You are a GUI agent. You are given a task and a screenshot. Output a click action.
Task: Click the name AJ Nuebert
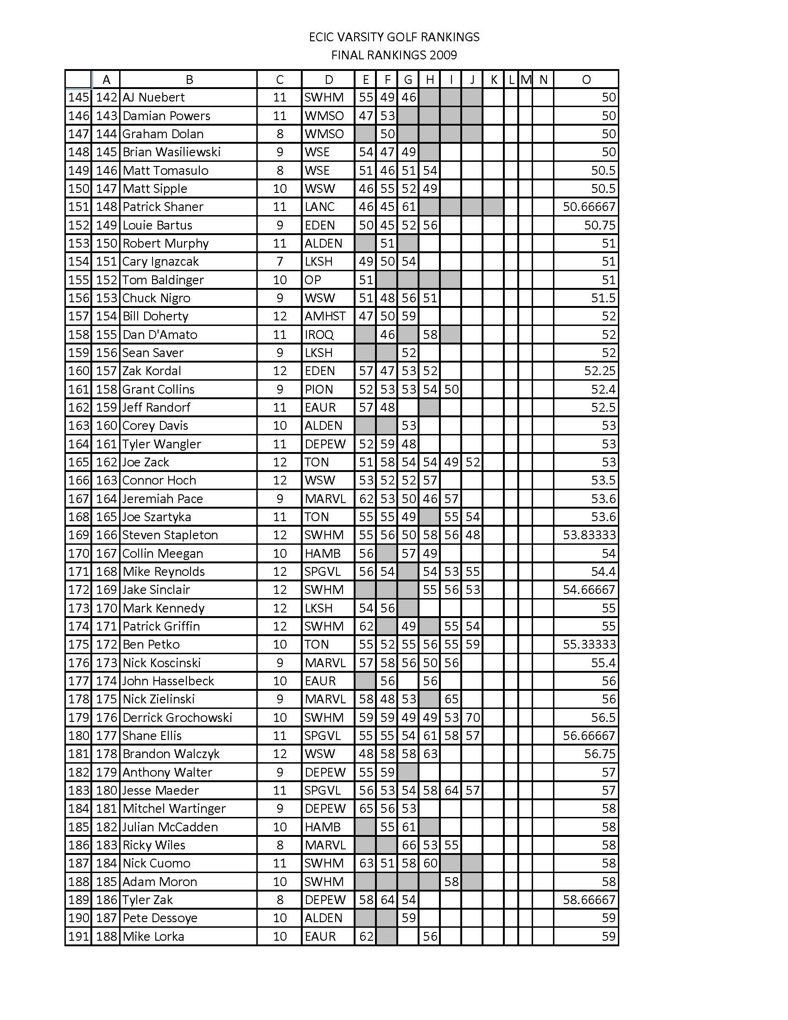click(153, 98)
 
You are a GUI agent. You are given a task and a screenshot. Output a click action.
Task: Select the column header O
click(586, 80)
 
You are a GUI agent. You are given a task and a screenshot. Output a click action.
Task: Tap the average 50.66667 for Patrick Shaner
click(589, 207)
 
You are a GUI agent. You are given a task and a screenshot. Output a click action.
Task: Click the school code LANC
click(319, 207)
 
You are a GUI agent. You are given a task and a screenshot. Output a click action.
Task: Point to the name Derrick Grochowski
click(177, 718)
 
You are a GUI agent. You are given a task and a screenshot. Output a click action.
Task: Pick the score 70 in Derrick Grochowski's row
click(472, 718)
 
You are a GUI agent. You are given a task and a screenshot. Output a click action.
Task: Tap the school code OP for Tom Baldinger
click(313, 280)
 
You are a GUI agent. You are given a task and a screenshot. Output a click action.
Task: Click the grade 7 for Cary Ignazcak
click(280, 261)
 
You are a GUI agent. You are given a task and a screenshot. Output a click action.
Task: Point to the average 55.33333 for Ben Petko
click(589, 645)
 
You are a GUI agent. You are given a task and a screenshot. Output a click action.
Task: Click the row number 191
click(78, 937)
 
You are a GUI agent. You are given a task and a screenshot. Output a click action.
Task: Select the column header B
click(189, 80)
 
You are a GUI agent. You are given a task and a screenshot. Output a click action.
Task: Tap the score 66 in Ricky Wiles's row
click(408, 845)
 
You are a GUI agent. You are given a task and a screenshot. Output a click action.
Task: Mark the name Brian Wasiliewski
click(172, 152)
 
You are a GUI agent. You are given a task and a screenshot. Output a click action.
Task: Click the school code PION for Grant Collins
click(319, 389)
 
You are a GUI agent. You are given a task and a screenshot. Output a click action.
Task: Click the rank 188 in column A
click(106, 937)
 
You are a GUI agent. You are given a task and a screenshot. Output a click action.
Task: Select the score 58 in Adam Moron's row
click(451, 882)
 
